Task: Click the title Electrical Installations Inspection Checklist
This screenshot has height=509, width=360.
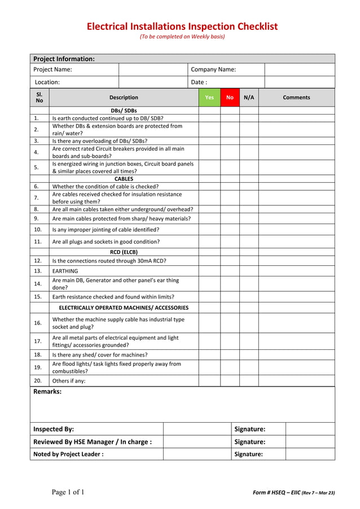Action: (x=182, y=27)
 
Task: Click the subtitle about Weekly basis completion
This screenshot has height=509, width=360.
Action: (x=182, y=37)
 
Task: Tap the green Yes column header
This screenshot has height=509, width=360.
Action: (x=209, y=98)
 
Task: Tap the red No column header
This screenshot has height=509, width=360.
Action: (x=230, y=98)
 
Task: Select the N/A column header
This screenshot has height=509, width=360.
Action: (x=249, y=98)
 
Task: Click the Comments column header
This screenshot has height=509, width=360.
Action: (x=296, y=98)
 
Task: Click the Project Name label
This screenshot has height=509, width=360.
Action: (x=52, y=70)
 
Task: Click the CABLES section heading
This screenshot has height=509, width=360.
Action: (x=124, y=179)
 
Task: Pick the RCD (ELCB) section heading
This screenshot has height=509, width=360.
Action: (x=124, y=252)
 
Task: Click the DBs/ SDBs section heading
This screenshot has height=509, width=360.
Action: (x=124, y=111)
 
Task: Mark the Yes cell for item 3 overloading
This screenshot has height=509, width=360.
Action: (x=209, y=141)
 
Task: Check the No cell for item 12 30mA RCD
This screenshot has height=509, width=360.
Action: (x=230, y=261)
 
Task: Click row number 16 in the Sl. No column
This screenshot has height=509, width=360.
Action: (x=38, y=323)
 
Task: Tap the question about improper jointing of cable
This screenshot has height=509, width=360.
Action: (x=106, y=230)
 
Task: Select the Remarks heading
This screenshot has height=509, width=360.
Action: (x=47, y=392)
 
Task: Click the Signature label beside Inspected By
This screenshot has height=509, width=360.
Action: (x=249, y=429)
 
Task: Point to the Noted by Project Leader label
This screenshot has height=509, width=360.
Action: (x=68, y=454)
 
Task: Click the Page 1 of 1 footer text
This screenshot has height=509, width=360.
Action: (x=68, y=492)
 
